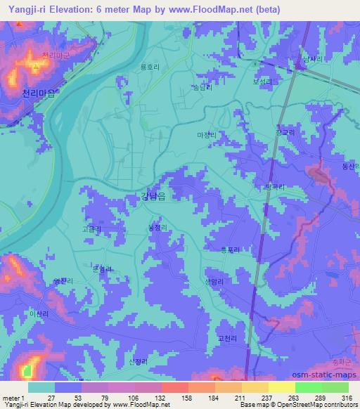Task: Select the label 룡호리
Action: [150, 67]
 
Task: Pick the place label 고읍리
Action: [92, 229]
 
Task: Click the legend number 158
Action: [188, 397]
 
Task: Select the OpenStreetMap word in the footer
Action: [300, 405]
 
